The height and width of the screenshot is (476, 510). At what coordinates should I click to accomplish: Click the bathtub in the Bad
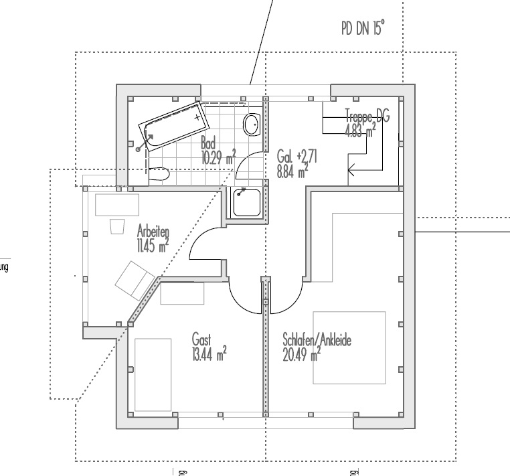coord(173,125)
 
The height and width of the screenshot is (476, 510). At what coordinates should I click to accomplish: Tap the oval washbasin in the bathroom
coord(252,124)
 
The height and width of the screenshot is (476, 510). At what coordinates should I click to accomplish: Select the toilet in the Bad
coord(158,175)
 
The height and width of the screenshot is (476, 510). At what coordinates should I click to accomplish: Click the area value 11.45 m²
coord(152,245)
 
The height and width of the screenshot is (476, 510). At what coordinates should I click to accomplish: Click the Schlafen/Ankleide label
coord(317,339)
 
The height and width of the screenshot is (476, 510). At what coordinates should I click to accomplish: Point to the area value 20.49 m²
coord(302,354)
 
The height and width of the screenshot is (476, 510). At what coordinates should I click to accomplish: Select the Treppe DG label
coord(367,115)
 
